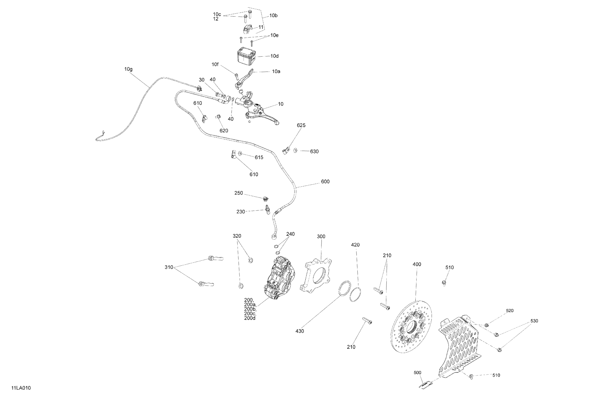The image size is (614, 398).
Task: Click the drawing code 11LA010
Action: (x=21, y=388)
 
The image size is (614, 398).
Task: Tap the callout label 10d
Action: (x=274, y=56)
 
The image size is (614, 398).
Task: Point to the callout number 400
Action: (x=417, y=264)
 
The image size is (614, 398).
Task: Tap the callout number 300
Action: (x=321, y=236)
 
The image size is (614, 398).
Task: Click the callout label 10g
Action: (x=128, y=69)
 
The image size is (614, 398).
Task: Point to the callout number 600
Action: (x=325, y=182)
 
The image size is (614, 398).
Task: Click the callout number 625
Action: (x=301, y=125)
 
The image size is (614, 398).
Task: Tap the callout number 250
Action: (x=238, y=193)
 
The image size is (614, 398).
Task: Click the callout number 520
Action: (x=509, y=311)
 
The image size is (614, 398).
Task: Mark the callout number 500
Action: (x=417, y=372)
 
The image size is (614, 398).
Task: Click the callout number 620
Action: (x=224, y=131)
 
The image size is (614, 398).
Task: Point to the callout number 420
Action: (x=355, y=245)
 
